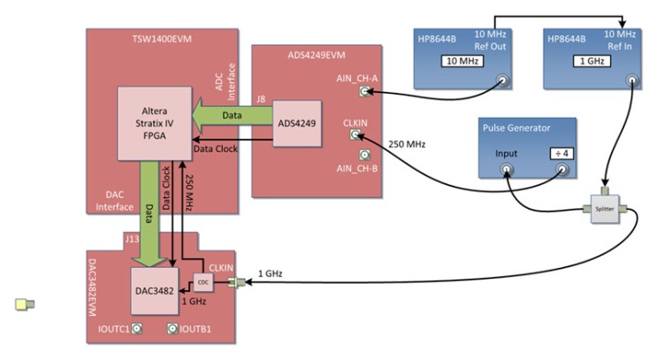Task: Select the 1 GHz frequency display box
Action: tap(586, 62)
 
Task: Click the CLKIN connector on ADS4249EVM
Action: tap(357, 135)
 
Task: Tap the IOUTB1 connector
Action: tap(173, 330)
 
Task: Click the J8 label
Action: tap(259, 99)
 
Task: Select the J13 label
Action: tap(131, 239)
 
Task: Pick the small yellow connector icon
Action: tap(25, 305)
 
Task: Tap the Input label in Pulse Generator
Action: tap(507, 152)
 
